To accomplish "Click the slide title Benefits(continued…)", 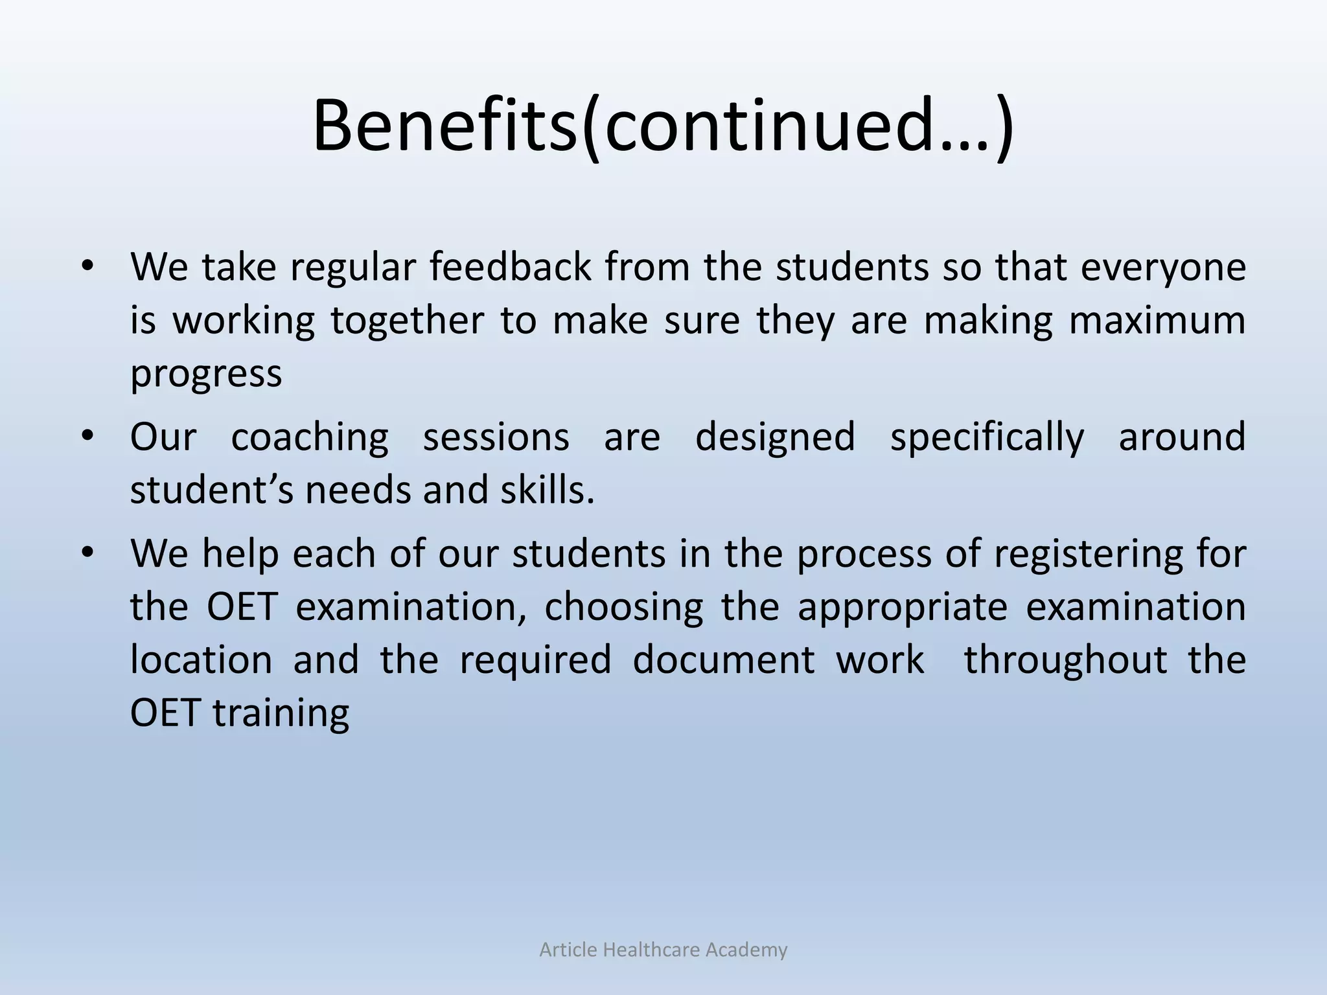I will click(x=663, y=126).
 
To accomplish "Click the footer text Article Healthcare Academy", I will click(x=663, y=950).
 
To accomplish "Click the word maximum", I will click(x=1157, y=321).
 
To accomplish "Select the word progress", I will click(x=206, y=374).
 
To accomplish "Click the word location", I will click(x=202, y=660).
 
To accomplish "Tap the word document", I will click(x=723, y=660).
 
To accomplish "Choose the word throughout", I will click(x=1066, y=661).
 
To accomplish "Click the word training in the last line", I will click(x=281, y=714).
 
